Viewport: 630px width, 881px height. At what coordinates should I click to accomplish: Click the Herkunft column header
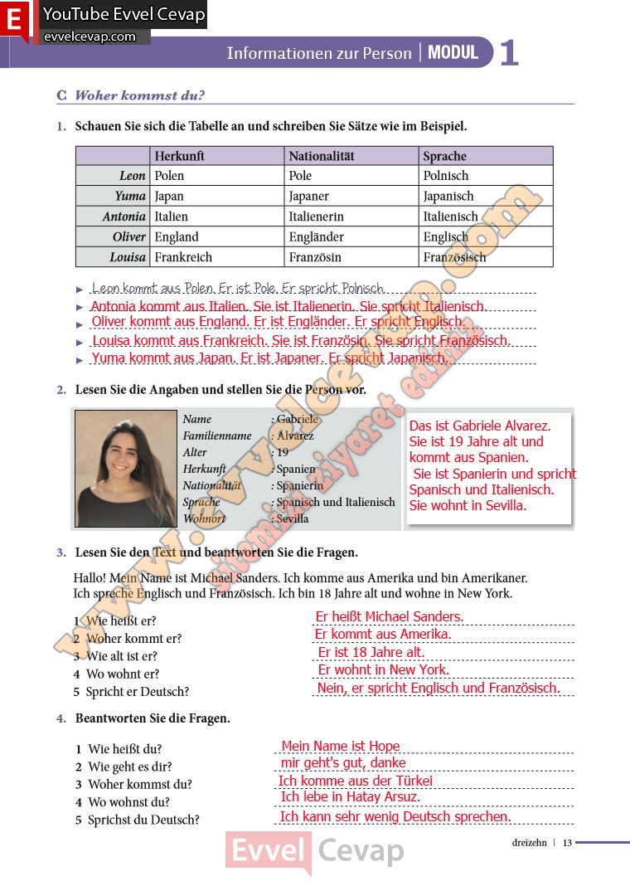pos(179,156)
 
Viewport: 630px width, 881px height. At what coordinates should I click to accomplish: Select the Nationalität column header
pos(322,156)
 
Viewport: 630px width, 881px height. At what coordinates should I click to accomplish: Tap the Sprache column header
pos(445,156)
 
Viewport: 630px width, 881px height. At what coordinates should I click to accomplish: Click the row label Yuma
pos(130,197)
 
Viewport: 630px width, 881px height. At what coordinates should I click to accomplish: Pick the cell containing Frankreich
pos(183,257)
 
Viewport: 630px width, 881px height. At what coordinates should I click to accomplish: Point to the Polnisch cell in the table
pos(446,176)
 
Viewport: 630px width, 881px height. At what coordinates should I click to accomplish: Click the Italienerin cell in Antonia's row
pos(316,217)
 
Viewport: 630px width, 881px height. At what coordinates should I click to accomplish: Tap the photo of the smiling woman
pos(126,469)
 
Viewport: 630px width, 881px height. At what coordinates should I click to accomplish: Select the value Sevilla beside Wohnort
pos(293,518)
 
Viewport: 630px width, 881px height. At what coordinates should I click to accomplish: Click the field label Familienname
pos(217,436)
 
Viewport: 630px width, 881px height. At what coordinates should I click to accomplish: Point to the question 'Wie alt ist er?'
pos(122,656)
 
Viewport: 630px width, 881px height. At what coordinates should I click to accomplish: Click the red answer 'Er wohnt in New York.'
pos(384,669)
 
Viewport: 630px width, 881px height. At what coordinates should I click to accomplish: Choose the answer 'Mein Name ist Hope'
pos(341,746)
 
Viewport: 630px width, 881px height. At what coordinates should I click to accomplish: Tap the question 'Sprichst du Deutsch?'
pos(143,820)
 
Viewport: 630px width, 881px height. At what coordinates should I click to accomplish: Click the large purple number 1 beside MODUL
pos(509,53)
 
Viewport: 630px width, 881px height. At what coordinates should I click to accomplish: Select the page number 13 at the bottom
pos(567,843)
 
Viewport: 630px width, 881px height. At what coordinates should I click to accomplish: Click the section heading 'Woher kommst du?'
pos(139,95)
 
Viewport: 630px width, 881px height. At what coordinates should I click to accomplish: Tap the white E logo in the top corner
pos(14,21)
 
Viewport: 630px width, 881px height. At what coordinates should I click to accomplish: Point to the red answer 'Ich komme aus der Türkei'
pos(356,781)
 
